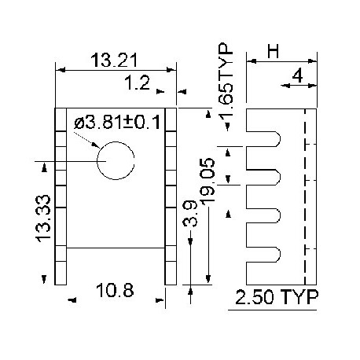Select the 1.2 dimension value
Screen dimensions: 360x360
[139, 81]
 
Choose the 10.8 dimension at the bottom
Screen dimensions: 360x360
[114, 291]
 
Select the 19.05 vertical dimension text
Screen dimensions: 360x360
[208, 180]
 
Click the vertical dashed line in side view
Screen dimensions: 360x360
[304, 197]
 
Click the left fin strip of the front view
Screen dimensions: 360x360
[61, 197]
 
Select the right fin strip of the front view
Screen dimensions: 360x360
[171, 197]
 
